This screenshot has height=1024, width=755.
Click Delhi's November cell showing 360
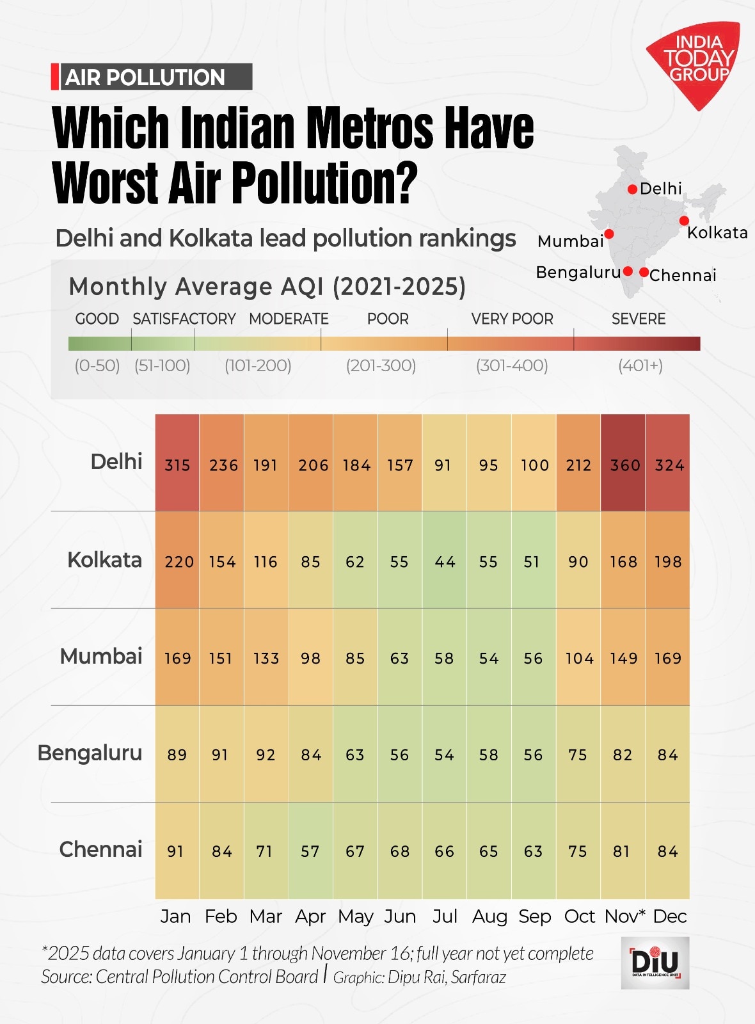pyautogui.click(x=624, y=465)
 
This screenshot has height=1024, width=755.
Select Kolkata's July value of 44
pyautogui.click(x=445, y=561)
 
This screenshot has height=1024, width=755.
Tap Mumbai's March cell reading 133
pyautogui.click(x=266, y=658)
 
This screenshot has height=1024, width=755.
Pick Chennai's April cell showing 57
pyautogui.click(x=310, y=851)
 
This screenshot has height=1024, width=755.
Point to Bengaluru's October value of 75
pyautogui.click(x=578, y=755)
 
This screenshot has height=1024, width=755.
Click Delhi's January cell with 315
pyautogui.click(x=177, y=465)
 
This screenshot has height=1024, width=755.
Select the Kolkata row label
pyautogui.click(x=104, y=560)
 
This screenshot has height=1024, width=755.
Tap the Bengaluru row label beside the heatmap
pyautogui.click(x=90, y=753)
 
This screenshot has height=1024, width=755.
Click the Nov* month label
pyautogui.click(x=624, y=916)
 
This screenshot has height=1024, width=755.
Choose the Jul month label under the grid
pyautogui.click(x=445, y=916)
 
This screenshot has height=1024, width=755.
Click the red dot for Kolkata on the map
pyautogui.click(x=684, y=221)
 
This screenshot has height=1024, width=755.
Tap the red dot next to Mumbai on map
pyautogui.click(x=609, y=234)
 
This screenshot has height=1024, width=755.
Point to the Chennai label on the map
pyautogui.click(x=683, y=275)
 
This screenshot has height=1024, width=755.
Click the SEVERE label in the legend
pyautogui.click(x=638, y=319)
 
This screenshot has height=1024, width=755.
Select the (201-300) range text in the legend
pyautogui.click(x=381, y=365)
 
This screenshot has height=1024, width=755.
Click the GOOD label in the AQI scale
pyautogui.click(x=97, y=319)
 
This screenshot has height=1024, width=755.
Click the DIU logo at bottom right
pyautogui.click(x=655, y=963)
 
